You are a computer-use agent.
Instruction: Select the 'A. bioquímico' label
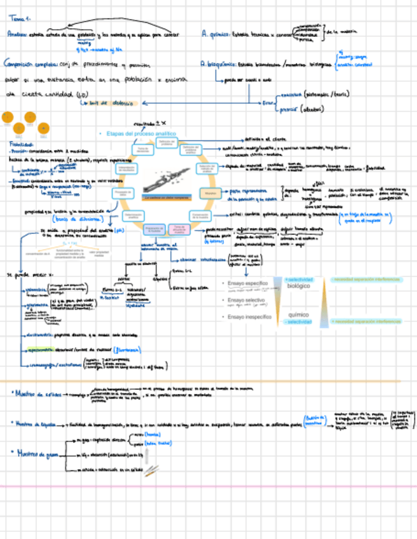[218, 64]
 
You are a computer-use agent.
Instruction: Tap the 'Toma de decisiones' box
[142, 150]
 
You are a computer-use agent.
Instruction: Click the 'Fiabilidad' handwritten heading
[20, 144]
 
